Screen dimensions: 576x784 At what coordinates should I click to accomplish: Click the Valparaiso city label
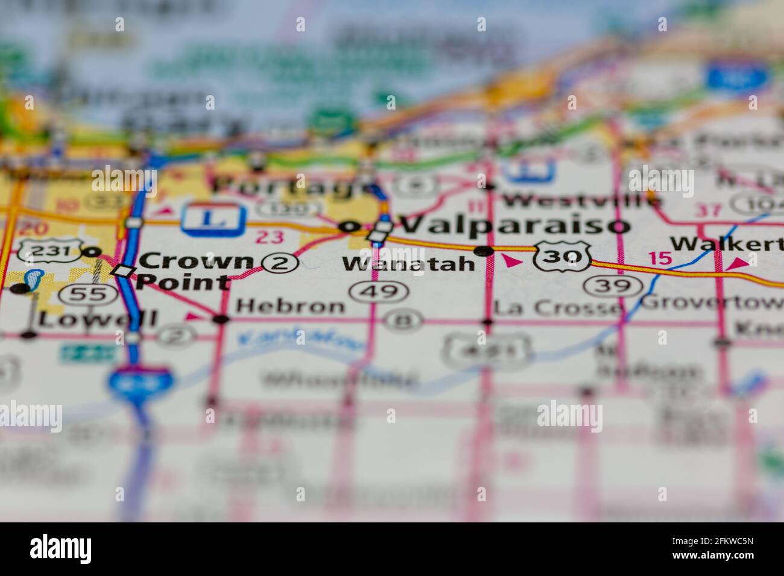tap(514, 225)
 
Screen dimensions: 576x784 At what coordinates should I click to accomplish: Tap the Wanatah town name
tap(408, 263)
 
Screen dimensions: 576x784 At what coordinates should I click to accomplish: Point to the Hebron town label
tap(290, 306)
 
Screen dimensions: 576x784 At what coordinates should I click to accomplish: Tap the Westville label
tap(581, 199)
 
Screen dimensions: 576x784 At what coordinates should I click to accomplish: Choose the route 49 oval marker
tap(378, 292)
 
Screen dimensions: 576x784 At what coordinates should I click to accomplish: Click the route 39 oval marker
tap(610, 285)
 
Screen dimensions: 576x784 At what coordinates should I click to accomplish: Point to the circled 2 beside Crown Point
tap(281, 262)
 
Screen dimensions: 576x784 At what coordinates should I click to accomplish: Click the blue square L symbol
tap(214, 217)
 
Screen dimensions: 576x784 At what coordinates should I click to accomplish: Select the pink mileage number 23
tap(268, 236)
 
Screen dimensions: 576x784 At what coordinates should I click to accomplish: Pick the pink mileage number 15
tap(660, 258)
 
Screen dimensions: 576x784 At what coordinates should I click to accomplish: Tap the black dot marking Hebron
tap(221, 319)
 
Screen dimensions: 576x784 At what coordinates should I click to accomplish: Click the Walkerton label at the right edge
tap(727, 243)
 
